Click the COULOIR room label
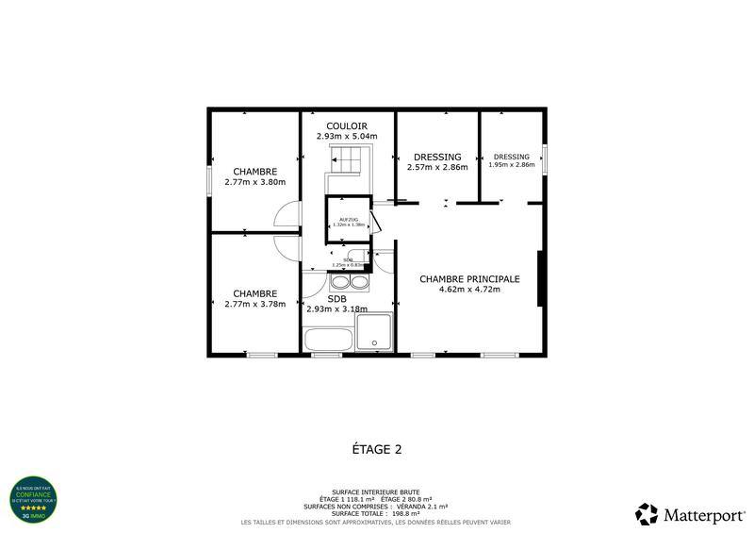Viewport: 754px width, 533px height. click(x=346, y=125)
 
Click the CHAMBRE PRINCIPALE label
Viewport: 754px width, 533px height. click(x=469, y=278)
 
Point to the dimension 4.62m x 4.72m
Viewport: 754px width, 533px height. click(x=469, y=290)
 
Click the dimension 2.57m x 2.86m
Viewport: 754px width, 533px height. click(x=437, y=168)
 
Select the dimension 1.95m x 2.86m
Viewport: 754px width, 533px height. click(x=511, y=165)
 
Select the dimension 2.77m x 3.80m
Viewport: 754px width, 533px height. click(x=254, y=182)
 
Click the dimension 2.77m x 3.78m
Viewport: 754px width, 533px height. click(x=254, y=304)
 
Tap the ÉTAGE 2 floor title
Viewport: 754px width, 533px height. click(x=376, y=449)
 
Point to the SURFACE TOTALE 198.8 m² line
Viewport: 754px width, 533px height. click(x=376, y=514)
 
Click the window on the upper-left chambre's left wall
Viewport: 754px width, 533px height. click(x=208, y=181)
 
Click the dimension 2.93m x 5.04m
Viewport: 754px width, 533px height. click(x=346, y=137)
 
